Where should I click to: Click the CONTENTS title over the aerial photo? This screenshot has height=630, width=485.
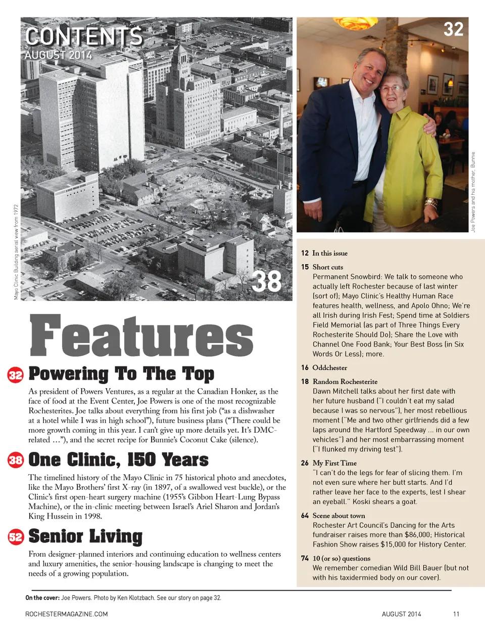click(x=84, y=36)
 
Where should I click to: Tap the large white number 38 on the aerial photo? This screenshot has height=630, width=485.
click(x=266, y=281)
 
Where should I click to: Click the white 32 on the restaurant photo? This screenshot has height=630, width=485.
click(x=453, y=29)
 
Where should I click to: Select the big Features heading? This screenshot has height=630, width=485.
click(x=141, y=336)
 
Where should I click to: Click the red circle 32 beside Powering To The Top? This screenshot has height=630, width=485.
click(x=16, y=375)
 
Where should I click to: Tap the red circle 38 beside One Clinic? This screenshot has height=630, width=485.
click(x=16, y=460)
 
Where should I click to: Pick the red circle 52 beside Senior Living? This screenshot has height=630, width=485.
click(x=16, y=537)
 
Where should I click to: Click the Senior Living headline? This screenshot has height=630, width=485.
click(x=85, y=536)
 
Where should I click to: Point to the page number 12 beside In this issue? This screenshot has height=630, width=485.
click(x=305, y=253)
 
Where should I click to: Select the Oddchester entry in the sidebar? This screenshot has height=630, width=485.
click(x=329, y=368)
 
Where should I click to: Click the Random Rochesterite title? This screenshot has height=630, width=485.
click(x=345, y=382)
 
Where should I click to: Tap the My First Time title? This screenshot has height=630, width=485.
click(x=334, y=463)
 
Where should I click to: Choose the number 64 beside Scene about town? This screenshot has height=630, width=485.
click(x=305, y=516)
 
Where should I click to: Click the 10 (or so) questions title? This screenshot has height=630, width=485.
click(x=341, y=558)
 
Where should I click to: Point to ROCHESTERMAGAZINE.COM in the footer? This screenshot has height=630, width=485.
click(x=66, y=614)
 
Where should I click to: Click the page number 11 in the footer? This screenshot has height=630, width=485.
click(x=456, y=614)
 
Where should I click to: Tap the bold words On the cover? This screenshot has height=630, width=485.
click(x=42, y=598)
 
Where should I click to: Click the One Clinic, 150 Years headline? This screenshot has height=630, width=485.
click(x=118, y=460)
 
